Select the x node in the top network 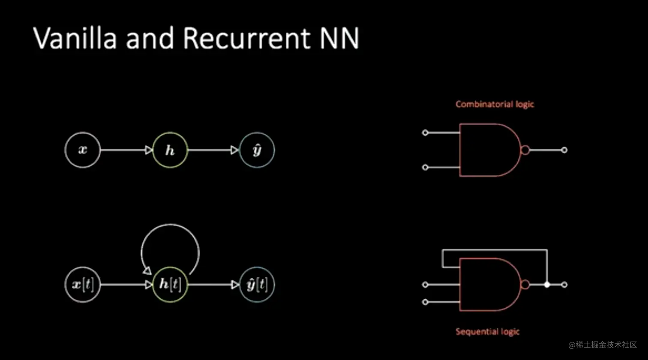point(83,150)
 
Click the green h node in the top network point(170,150)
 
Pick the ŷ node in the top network point(257,150)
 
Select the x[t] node point(83,285)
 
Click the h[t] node point(170,285)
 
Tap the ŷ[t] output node point(257,285)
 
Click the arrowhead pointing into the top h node point(149,150)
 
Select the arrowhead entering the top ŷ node point(234,150)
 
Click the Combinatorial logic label point(495,104)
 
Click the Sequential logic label point(488,332)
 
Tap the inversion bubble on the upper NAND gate point(525,150)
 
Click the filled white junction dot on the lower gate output point(547,285)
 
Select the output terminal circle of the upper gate point(564,150)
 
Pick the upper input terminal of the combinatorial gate point(425,133)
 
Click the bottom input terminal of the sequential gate point(425,302)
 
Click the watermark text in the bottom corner point(603,345)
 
